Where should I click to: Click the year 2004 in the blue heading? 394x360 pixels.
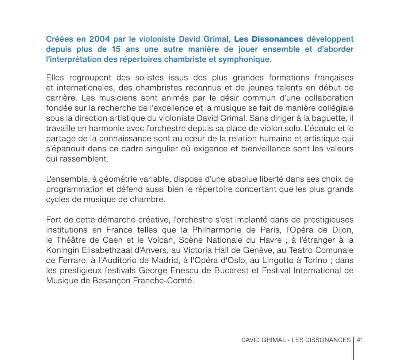click(99, 39)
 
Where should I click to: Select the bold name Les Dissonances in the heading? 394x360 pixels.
click(268, 39)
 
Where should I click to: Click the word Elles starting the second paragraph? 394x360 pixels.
click(55, 78)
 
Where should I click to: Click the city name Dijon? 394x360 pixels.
click(344, 230)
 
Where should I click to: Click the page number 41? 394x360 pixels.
click(360, 340)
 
